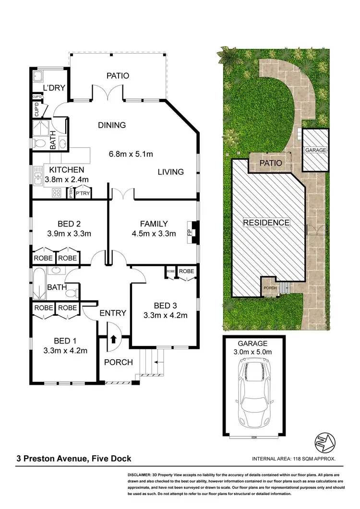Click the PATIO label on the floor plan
coord(118,76)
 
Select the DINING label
coord(112,125)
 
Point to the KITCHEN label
coord(67,170)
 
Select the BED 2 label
coord(69,224)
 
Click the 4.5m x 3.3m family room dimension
coord(154,234)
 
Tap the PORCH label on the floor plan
coord(118,362)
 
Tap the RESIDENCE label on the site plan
coord(266,223)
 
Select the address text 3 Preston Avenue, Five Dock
coord(73,459)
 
